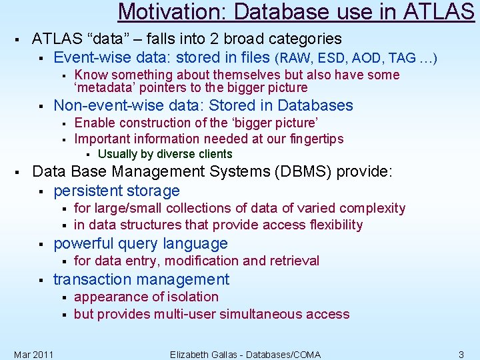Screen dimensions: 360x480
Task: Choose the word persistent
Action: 89,191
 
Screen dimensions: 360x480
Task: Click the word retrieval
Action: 293,261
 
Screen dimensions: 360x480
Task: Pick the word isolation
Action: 191,297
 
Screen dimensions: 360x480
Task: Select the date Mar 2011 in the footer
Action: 33,354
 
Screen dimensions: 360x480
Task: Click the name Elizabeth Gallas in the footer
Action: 211,354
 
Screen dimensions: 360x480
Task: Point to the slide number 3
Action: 461,354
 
